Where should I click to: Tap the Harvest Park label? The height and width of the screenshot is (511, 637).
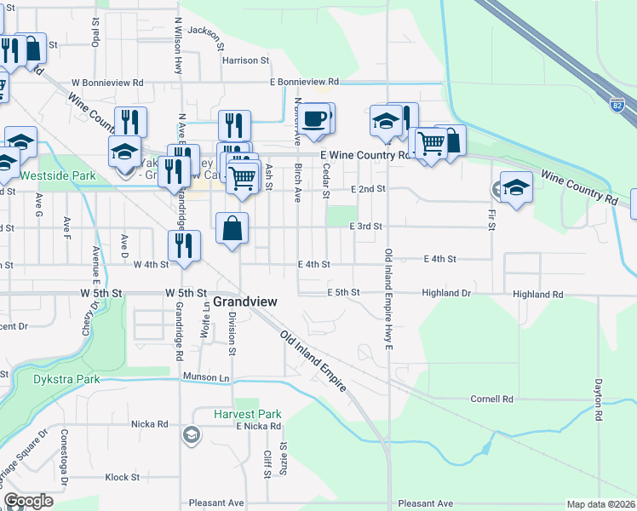(248, 415)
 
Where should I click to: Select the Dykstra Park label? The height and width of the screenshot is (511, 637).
(66, 379)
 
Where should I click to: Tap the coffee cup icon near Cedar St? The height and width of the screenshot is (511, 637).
(315, 118)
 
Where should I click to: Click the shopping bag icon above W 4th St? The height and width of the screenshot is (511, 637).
(232, 228)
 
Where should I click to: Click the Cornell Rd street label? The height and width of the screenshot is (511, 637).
(493, 399)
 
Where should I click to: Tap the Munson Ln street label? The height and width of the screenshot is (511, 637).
(206, 376)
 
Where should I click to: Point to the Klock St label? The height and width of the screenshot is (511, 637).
(123, 478)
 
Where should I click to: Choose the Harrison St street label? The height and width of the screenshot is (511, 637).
(245, 61)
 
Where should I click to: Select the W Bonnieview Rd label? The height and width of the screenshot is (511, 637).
(107, 83)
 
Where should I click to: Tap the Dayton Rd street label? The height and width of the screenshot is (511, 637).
(599, 402)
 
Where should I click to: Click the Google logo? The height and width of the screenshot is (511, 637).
(29, 501)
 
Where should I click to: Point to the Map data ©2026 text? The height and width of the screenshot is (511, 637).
(600, 504)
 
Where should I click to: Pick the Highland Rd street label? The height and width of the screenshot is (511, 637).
(538, 295)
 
